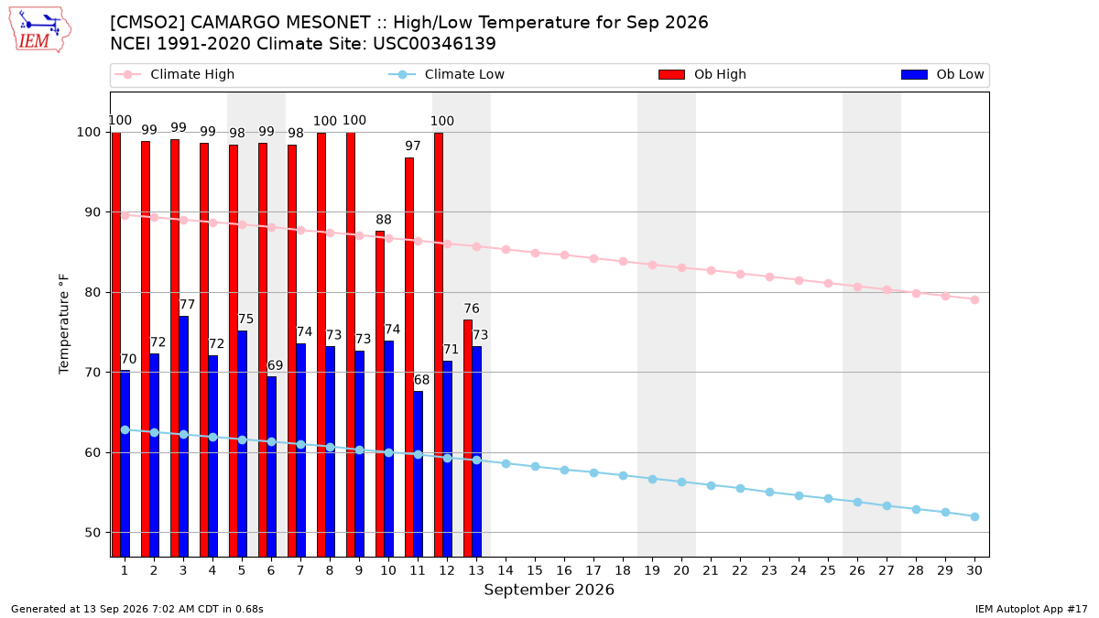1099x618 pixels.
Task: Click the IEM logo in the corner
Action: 39,30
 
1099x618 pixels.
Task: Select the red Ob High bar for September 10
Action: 380,394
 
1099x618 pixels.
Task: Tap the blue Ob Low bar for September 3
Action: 183,437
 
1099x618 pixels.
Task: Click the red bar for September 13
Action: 468,439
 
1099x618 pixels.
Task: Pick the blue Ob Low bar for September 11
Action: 418,474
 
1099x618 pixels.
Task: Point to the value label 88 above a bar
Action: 384,220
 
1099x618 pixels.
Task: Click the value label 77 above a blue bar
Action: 188,305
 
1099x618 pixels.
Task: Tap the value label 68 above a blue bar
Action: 422,380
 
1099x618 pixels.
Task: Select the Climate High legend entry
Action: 175,74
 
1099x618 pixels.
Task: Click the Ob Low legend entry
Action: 942,74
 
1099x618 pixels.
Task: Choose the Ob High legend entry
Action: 702,74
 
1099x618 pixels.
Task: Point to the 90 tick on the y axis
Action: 92,212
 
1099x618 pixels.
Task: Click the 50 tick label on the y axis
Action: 92,533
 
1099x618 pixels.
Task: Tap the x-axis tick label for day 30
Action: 974,570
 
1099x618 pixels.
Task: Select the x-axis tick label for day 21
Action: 711,570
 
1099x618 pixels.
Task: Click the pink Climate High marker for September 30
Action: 974,299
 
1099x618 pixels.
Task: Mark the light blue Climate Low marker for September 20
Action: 681,482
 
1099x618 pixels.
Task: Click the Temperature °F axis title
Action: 64,324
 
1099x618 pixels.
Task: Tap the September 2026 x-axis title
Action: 549,590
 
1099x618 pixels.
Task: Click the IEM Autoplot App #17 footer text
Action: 1031,609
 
